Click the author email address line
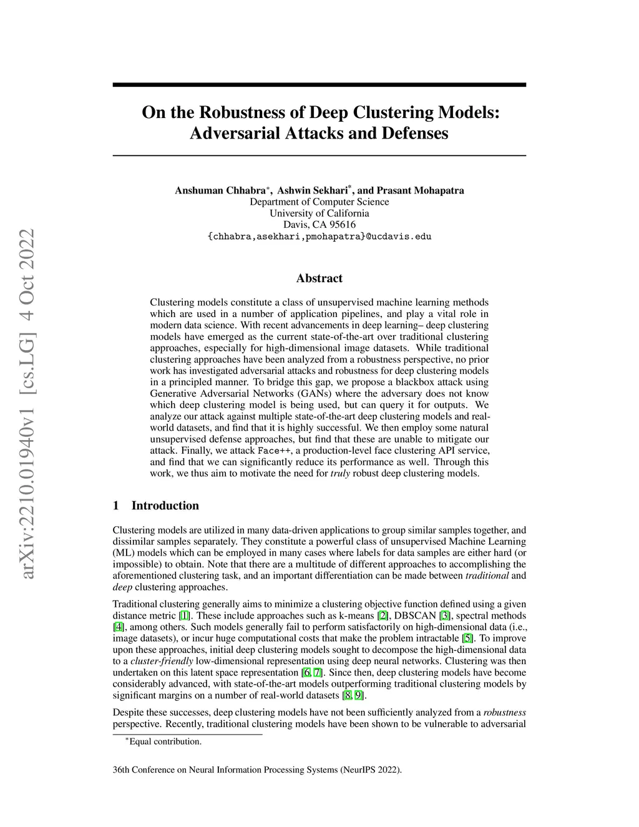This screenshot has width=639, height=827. click(x=319, y=237)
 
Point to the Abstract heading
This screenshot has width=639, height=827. click(x=319, y=278)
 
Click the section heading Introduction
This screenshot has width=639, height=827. click(x=165, y=506)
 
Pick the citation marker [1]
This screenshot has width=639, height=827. click(x=185, y=616)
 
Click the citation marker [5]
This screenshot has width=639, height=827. click(x=467, y=639)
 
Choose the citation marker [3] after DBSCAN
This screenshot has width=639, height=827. click(x=445, y=616)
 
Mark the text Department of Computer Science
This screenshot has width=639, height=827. click(x=319, y=202)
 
